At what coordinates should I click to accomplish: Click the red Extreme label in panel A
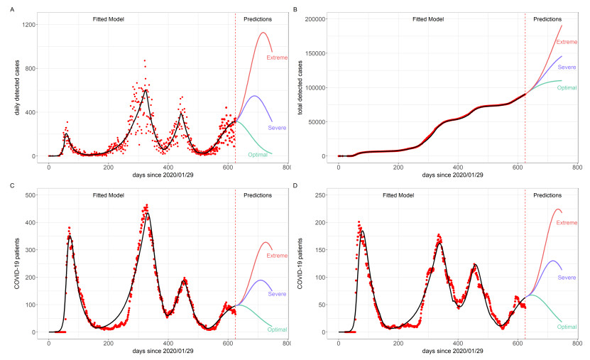click(x=277, y=58)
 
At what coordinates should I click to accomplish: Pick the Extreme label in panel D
click(x=567, y=223)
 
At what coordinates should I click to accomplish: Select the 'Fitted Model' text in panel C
click(x=109, y=195)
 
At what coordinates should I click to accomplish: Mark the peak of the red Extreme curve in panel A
click(x=263, y=33)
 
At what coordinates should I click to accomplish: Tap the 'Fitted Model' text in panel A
click(x=109, y=19)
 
